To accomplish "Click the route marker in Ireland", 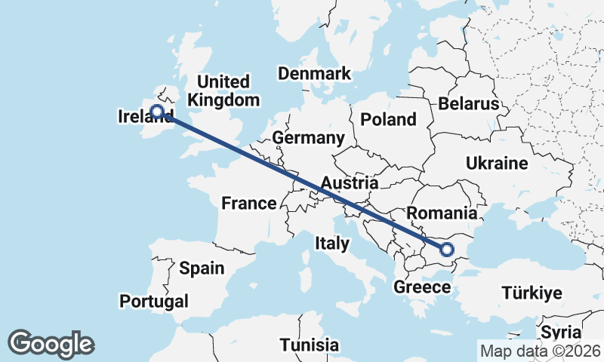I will pos(157,112).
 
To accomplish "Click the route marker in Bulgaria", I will pos(446,249).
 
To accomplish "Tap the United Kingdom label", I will pos(223,90).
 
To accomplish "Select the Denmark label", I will pos(314,73).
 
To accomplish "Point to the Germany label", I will pos(308,138).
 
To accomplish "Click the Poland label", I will pos(388,119).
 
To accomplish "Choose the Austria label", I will pos(349,183).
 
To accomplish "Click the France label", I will pos(248,203).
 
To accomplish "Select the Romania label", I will pos(442,213).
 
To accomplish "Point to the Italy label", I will pos(331,243).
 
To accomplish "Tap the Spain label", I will pos(202,268).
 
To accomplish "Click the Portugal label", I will pos(154,302).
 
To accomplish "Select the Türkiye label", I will pos(532,293).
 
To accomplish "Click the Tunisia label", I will pos(309,345).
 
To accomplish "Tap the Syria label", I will pos(561,333).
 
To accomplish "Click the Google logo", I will pos(51,344).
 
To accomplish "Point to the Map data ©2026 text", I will pos(541,351).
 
